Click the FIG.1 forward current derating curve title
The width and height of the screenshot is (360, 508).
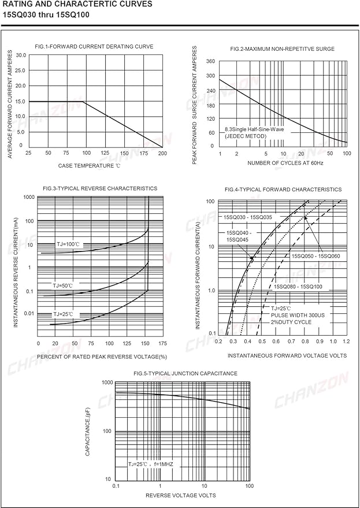(x=94, y=47)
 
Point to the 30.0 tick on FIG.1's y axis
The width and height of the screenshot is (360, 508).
(x=20, y=55)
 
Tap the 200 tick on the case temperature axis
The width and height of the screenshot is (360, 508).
(x=162, y=153)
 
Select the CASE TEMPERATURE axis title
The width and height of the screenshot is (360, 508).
(x=87, y=165)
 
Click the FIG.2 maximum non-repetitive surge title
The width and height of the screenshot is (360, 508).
(x=282, y=49)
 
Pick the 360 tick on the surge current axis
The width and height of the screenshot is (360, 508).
(x=210, y=62)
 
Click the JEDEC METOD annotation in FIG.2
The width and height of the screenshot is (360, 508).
(x=246, y=136)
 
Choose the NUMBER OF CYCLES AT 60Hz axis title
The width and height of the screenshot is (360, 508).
(x=285, y=163)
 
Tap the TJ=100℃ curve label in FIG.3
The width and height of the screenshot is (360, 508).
(x=68, y=244)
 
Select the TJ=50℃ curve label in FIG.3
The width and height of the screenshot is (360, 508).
(x=62, y=285)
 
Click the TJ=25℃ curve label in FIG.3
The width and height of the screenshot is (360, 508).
(x=64, y=314)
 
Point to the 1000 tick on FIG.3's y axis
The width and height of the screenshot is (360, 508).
(x=28, y=196)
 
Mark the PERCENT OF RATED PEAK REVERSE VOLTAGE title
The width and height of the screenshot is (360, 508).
(x=102, y=357)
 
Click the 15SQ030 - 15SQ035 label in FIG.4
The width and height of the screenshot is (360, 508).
(x=248, y=217)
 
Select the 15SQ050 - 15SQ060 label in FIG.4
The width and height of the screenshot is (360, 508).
(x=316, y=256)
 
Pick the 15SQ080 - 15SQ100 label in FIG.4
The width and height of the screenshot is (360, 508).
(x=298, y=287)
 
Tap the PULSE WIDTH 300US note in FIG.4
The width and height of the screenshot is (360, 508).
(x=298, y=315)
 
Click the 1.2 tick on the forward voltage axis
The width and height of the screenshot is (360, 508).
(x=346, y=342)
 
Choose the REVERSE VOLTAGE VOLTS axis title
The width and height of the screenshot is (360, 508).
(x=180, y=495)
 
